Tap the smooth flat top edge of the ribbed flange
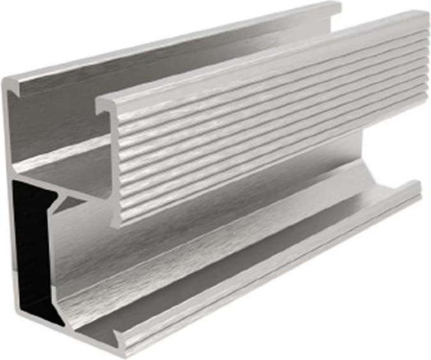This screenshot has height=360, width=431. [x=257, y=58]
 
